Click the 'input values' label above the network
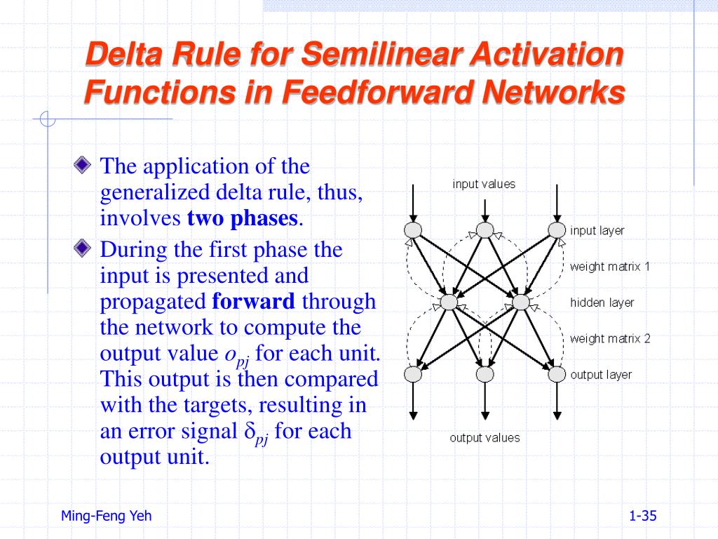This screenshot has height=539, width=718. click(484, 184)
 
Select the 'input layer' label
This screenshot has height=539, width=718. click(597, 230)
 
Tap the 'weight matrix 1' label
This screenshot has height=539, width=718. click(609, 267)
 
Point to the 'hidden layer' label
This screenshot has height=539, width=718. click(602, 302)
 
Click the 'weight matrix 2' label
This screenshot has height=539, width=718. click(609, 338)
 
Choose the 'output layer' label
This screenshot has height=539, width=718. click(600, 375)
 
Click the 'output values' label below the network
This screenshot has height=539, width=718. click(485, 438)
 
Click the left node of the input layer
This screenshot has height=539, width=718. click(413, 230)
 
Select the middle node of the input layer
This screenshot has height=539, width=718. click(485, 230)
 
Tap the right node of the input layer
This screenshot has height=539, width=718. click(557, 230)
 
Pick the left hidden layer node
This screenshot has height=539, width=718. click(448, 302)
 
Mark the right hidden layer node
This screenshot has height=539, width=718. click(520, 302)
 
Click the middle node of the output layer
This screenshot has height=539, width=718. click(485, 375)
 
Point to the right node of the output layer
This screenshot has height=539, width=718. click(557, 375)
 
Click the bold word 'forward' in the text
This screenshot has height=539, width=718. click(253, 302)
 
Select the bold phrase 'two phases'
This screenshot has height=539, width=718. click(243, 218)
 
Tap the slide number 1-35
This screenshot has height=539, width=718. click(643, 517)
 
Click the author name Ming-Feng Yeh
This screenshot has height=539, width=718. click(106, 517)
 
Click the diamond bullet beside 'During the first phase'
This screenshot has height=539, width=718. click(83, 247)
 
